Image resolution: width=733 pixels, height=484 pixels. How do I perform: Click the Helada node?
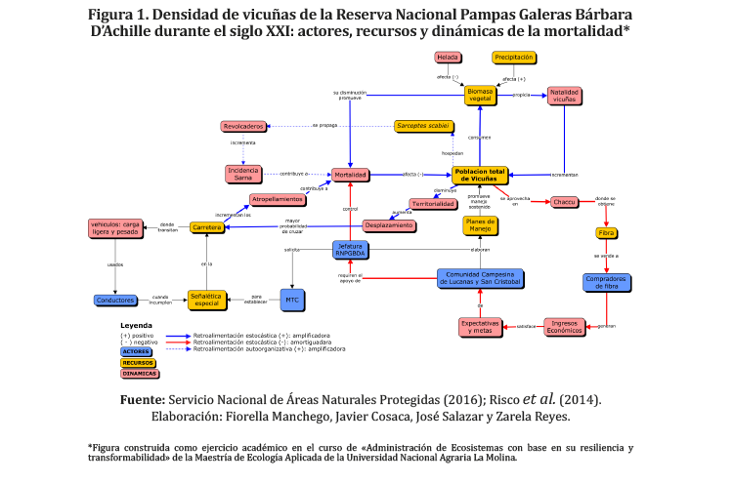coord(449,58)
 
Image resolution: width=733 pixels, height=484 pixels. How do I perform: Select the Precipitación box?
coord(513,58)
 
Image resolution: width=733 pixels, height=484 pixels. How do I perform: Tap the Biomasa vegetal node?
coord(480,95)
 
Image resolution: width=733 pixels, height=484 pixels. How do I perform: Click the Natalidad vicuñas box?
coord(566,96)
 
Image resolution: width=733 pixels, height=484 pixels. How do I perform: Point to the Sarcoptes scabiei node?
coord(423,126)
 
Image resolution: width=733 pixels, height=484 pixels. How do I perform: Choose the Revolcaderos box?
coord(244,127)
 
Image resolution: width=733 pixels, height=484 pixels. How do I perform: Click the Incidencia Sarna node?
coord(244,174)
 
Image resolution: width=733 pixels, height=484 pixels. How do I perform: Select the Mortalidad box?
coord(349,175)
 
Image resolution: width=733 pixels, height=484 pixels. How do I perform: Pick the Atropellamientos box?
coord(278,199)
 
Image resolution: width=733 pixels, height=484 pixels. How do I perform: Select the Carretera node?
coord(207,227)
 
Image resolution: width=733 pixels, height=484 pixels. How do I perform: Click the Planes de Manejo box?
coord(481,225)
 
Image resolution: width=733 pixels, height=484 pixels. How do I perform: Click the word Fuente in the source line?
coord(141,400)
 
